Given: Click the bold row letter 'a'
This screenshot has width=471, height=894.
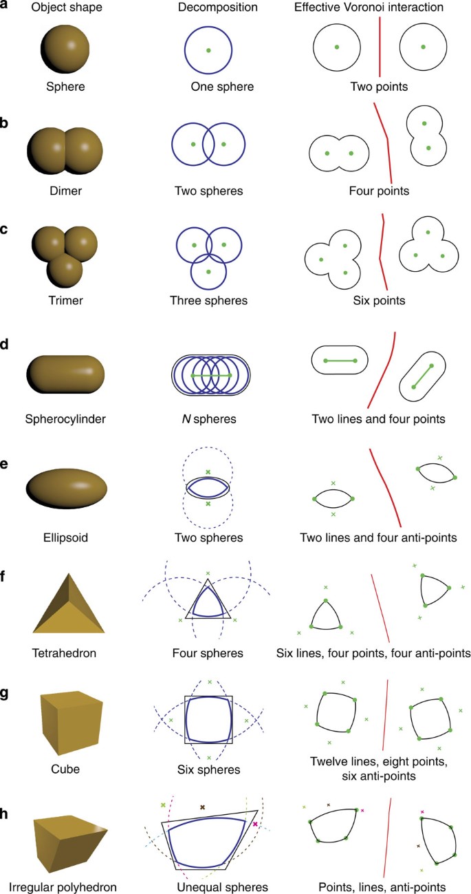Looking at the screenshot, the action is coord(6,9).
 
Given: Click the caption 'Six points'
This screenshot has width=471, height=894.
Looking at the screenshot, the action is coord(379,301).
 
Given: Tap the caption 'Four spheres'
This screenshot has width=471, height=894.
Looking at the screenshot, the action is coord(208,651).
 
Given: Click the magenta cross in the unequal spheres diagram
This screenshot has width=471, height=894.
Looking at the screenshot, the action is coord(255,824).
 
